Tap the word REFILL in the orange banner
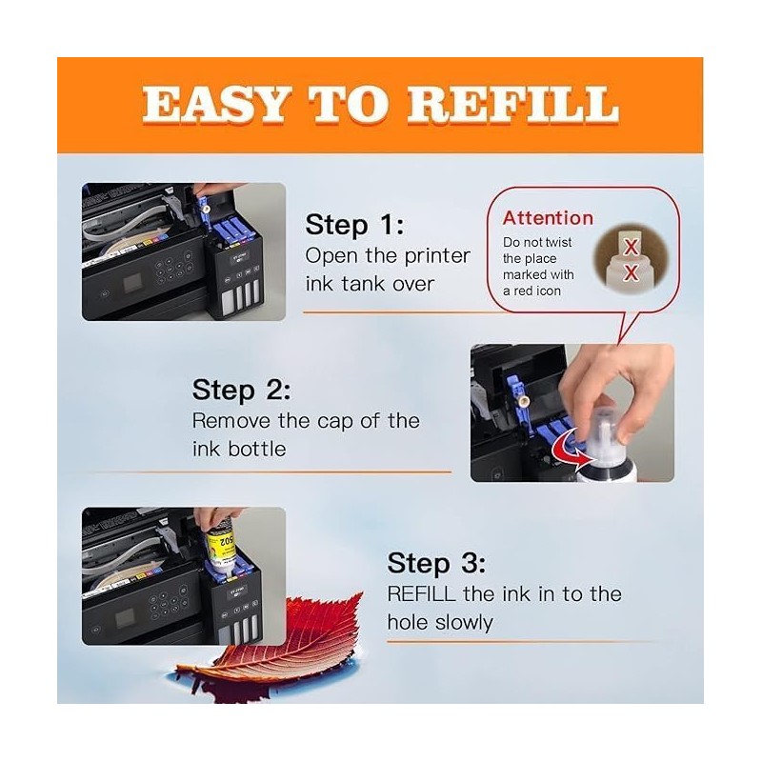coord(512,104)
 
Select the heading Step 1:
coord(354,225)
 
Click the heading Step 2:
coord(242,390)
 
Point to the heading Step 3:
coord(436,563)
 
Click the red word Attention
coord(548,218)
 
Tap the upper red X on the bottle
coord(631,248)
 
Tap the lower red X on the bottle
coord(631,272)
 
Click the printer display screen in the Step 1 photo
coord(132,283)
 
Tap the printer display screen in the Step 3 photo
coord(126,618)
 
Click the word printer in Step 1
coord(437,256)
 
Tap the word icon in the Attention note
coord(549,291)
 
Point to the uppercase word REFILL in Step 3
coord(421,593)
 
